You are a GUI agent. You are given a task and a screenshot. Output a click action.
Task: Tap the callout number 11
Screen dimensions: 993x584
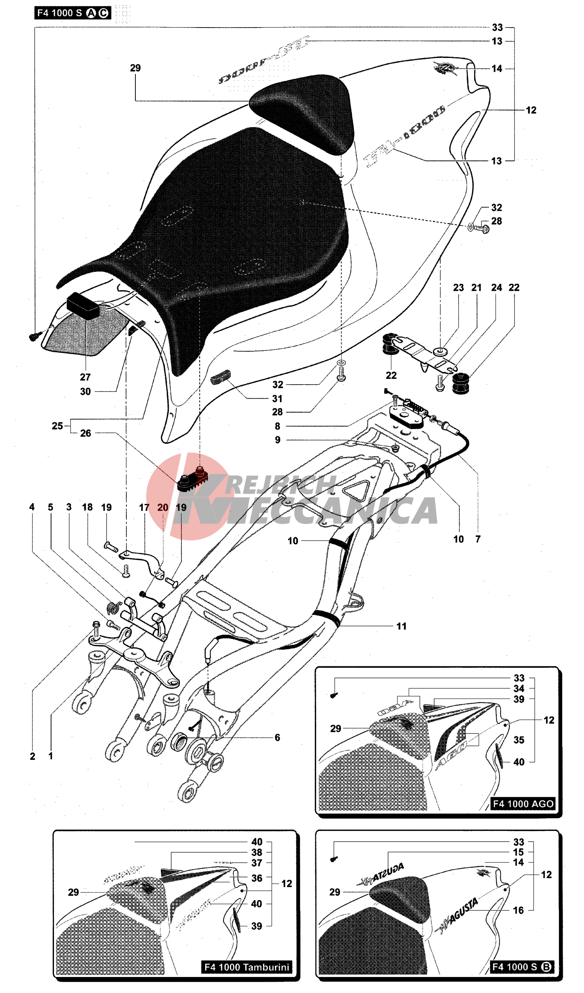pyautogui.click(x=401, y=626)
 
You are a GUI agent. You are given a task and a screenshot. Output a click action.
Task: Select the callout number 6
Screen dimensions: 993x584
pyautogui.click(x=277, y=738)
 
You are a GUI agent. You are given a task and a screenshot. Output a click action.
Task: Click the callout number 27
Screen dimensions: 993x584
pyautogui.click(x=85, y=377)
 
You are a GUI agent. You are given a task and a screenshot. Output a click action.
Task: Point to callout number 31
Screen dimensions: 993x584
pyautogui.click(x=277, y=398)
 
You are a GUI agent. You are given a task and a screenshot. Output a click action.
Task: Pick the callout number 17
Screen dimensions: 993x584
pyautogui.click(x=144, y=507)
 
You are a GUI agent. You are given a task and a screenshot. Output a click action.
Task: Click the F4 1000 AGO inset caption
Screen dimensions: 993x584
pyautogui.click(x=523, y=803)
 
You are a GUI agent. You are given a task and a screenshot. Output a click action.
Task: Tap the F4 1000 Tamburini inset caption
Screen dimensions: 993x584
pyautogui.click(x=247, y=967)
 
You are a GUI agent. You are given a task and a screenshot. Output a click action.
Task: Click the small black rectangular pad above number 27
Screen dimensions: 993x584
pyautogui.click(x=83, y=304)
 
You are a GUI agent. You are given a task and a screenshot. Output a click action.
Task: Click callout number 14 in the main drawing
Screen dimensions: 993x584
pyautogui.click(x=497, y=69)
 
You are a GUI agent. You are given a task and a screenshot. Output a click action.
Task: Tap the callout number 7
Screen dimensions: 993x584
pyautogui.click(x=478, y=539)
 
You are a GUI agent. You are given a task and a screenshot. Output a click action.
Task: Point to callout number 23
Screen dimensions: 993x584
pyautogui.click(x=458, y=288)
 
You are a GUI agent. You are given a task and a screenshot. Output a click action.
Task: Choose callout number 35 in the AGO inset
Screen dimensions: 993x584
pyautogui.click(x=519, y=740)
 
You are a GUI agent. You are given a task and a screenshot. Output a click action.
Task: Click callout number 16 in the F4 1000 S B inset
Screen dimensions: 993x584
pyautogui.click(x=519, y=910)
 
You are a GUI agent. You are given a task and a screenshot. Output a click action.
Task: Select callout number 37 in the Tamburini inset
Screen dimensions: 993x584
pyautogui.click(x=257, y=863)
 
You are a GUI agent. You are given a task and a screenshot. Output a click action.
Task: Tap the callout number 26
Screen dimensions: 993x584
pyautogui.click(x=86, y=433)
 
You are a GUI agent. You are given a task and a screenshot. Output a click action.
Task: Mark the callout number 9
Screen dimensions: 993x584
pyautogui.click(x=278, y=440)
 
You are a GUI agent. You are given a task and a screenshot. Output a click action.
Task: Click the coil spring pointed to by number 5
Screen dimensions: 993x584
pyautogui.click(x=114, y=606)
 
